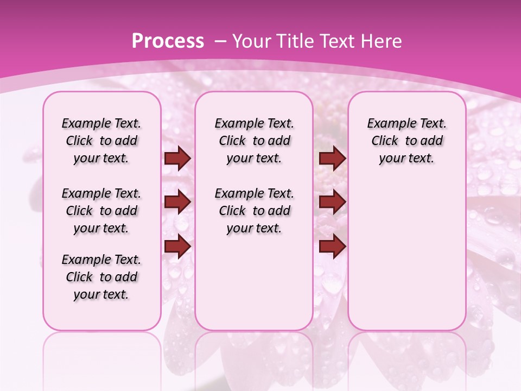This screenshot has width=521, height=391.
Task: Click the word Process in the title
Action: point(168,41)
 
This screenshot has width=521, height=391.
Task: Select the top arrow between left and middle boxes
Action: point(177,159)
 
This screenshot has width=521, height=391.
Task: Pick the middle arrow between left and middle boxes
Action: point(177,203)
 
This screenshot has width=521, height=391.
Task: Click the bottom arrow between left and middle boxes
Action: point(177,247)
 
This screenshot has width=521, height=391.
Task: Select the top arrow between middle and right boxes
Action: point(332,159)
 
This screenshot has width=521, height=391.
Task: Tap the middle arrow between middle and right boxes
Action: point(332,203)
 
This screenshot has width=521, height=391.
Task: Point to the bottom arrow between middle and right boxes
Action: point(332,247)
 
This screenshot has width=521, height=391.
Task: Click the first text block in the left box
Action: point(101,141)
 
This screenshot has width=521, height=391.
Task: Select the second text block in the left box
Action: point(101,211)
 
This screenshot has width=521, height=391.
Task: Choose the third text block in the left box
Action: point(101,277)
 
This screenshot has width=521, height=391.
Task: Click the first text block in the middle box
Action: point(254,141)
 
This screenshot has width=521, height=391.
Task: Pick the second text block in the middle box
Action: point(254,211)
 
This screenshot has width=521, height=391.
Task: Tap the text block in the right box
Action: point(406,141)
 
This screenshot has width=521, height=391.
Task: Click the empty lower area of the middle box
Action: point(254,282)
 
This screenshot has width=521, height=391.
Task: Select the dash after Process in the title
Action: point(220,41)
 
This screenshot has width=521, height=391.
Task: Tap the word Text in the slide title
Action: point(335,41)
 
